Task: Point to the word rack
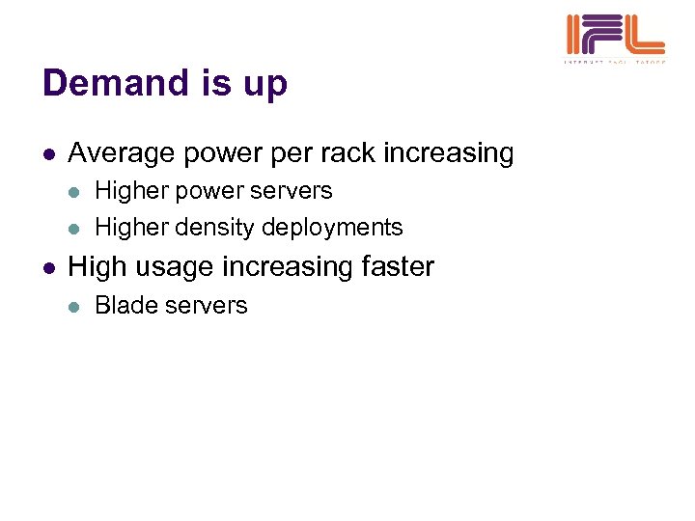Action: pos(349,152)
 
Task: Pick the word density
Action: pos(202,228)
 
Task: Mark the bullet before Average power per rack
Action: pos(49,154)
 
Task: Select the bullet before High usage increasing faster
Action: pos(49,267)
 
